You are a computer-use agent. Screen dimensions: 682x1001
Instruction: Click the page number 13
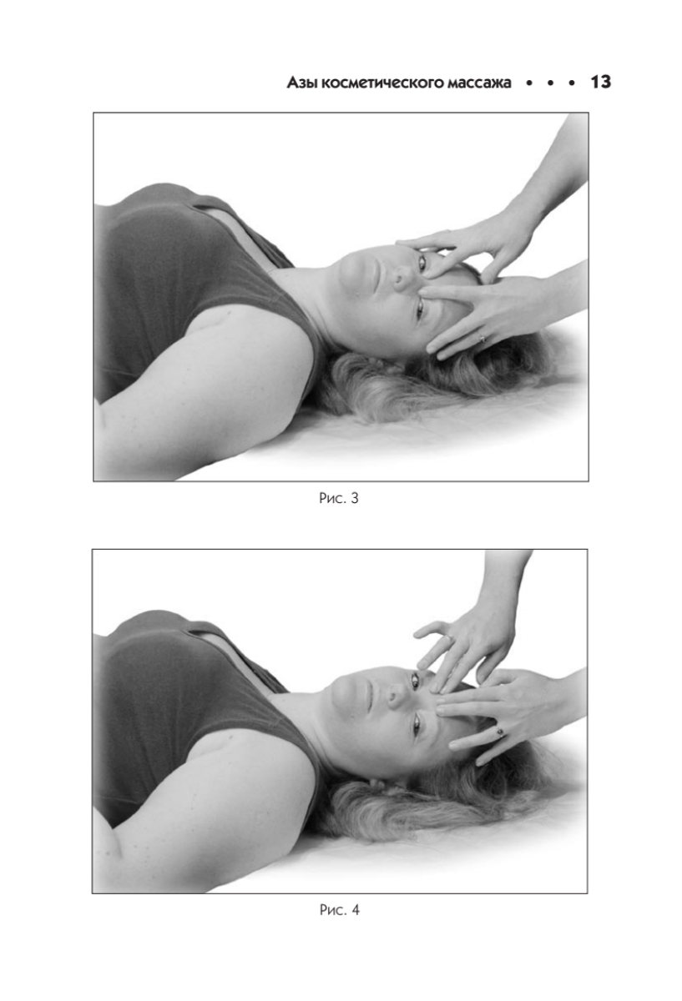600,83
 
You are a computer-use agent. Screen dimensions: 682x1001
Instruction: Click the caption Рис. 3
339,498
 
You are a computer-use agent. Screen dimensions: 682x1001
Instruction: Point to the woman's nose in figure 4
397,695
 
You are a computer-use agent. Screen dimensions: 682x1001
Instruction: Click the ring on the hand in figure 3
482,339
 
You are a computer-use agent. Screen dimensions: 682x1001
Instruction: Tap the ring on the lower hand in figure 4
501,732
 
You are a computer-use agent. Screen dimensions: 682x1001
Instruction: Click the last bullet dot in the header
572,83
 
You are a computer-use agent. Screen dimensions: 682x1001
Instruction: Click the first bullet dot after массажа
529,83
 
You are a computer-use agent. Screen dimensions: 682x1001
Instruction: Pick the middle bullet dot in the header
550,83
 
